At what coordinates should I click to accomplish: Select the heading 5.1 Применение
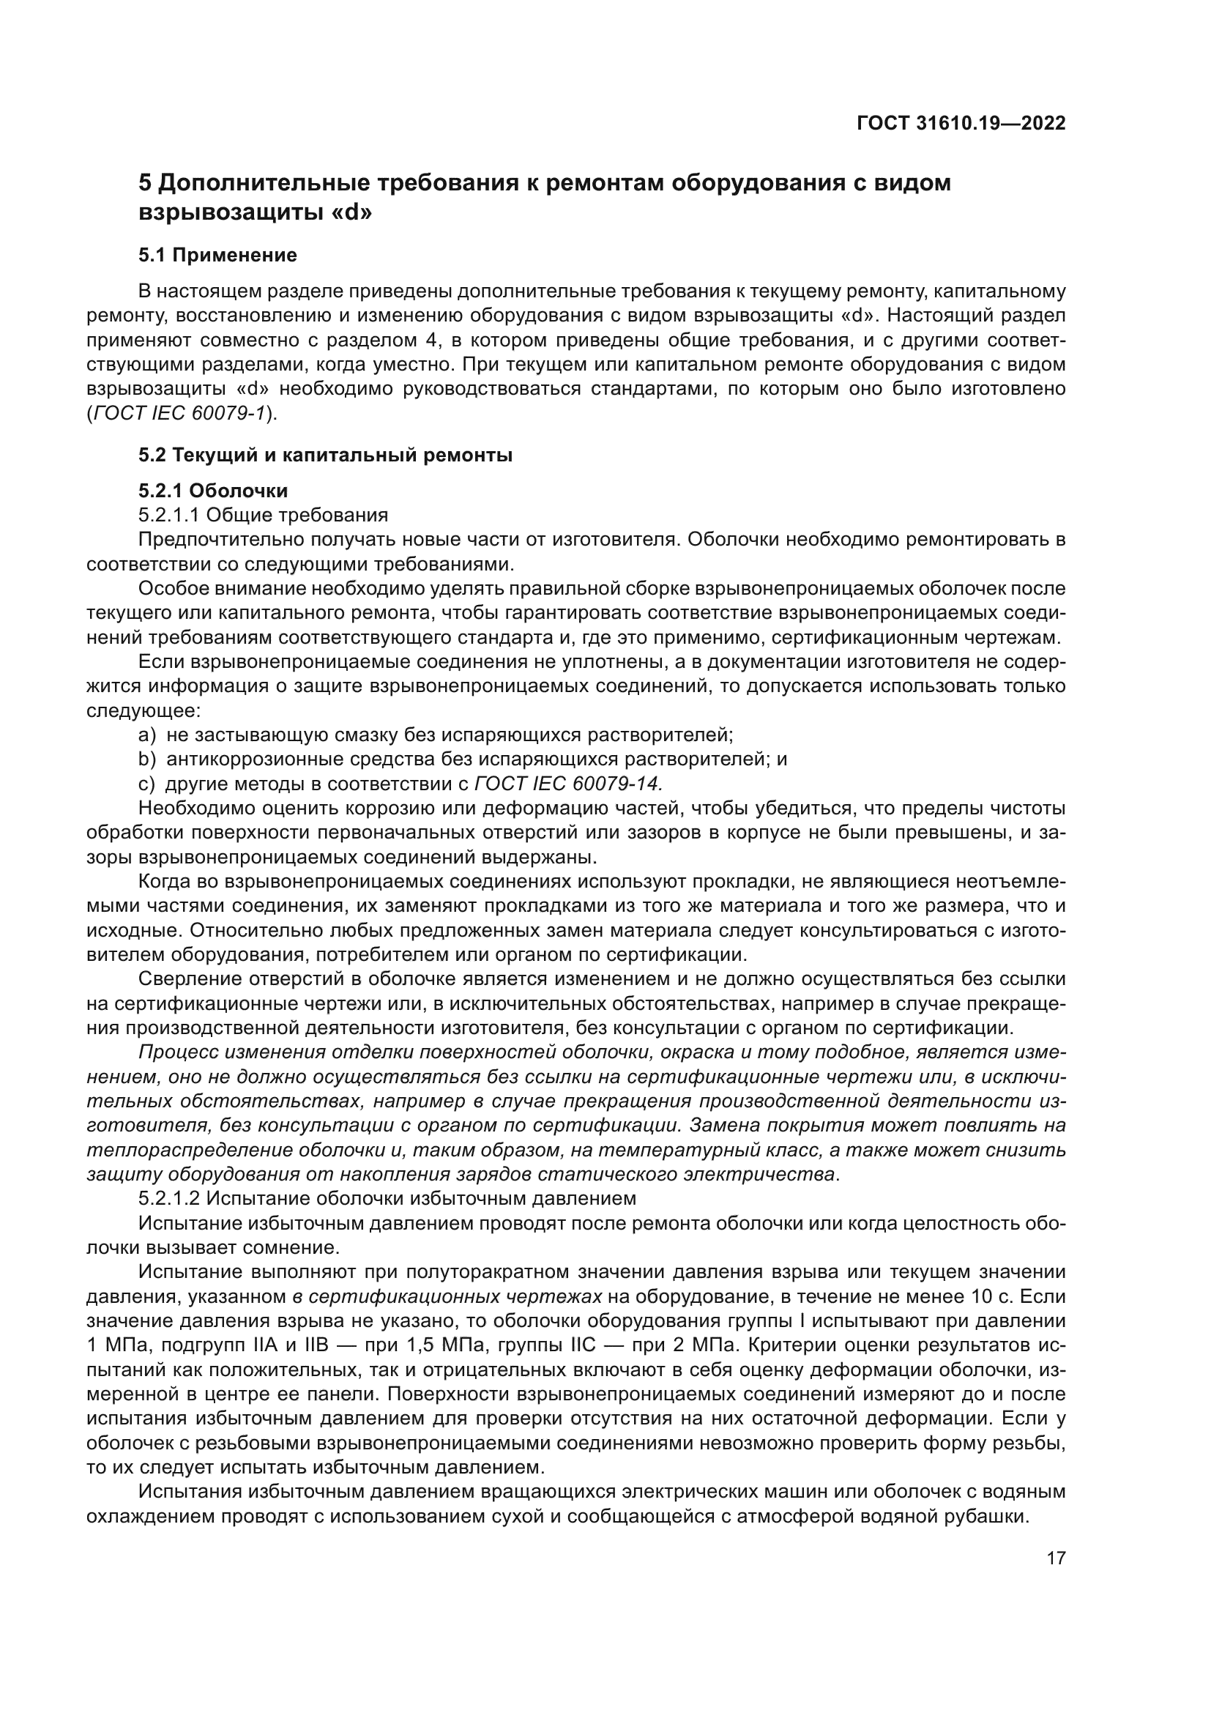coord(217,255)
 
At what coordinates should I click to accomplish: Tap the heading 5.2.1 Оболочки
coord(213,490)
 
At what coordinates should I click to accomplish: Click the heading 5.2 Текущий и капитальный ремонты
coord(325,455)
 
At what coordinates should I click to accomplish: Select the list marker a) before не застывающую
coord(147,735)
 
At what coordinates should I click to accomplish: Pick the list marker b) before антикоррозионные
coord(147,759)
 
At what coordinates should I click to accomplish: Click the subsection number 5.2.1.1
coord(169,515)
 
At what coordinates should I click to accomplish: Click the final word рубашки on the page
coord(994,1517)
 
